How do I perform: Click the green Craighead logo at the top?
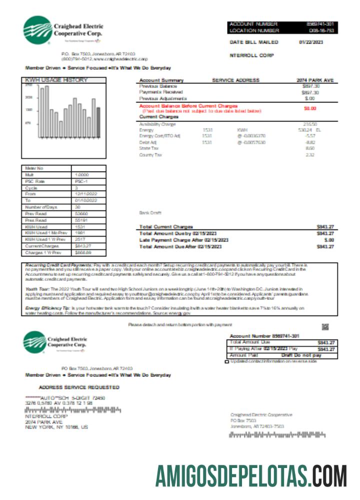(37, 31)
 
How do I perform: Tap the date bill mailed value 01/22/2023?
(310, 42)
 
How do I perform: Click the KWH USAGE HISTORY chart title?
(55, 80)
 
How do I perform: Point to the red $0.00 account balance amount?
(310, 107)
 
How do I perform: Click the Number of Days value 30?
(77, 207)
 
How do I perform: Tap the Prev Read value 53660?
(81, 213)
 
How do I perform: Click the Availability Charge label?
(157, 124)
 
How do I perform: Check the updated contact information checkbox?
(227, 361)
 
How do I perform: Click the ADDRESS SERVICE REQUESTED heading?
(79, 387)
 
